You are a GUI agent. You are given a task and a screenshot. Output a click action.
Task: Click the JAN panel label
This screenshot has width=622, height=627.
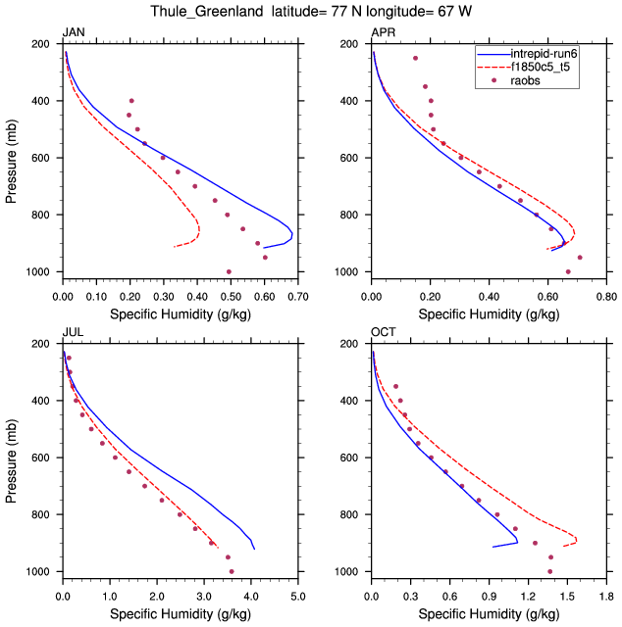pyautogui.click(x=73, y=33)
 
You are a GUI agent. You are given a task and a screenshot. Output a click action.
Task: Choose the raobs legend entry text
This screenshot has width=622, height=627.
pyautogui.click(x=527, y=80)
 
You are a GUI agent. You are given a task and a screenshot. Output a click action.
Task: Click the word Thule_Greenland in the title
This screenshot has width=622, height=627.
pyautogui.click(x=204, y=12)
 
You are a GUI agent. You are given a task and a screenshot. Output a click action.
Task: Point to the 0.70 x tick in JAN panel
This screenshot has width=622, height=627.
pyautogui.click(x=297, y=294)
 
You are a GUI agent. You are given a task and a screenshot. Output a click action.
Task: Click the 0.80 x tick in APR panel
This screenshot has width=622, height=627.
pyautogui.click(x=606, y=294)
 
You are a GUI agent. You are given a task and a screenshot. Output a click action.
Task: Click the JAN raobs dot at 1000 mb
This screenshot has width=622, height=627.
pyautogui.click(x=230, y=271)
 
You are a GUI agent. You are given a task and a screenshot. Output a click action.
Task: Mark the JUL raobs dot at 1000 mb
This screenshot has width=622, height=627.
pyautogui.click(x=232, y=571)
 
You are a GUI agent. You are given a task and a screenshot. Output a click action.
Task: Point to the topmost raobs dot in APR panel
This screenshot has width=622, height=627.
pyautogui.click(x=415, y=58)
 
